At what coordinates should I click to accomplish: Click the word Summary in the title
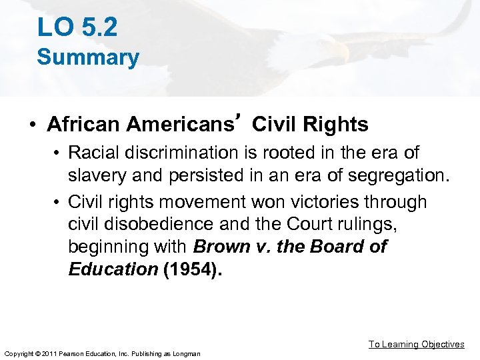[x=88, y=57]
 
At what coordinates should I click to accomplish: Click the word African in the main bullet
[x=84, y=124]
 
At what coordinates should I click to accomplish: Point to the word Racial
[x=96, y=153]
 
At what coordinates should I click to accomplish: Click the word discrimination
[x=179, y=153]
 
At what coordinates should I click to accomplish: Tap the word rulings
[x=370, y=224]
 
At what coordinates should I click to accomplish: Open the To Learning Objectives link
[x=417, y=344]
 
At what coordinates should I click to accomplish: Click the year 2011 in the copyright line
[x=47, y=353]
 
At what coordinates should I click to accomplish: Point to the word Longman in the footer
[x=186, y=353]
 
